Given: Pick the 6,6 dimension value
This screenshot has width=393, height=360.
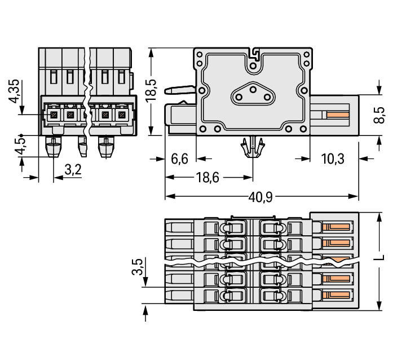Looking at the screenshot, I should [x=179, y=159].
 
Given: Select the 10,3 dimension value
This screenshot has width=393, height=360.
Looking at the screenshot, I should [x=333, y=159].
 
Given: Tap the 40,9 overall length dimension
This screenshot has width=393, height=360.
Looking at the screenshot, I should [x=260, y=197].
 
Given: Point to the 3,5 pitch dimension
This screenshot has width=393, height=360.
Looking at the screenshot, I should [x=138, y=267].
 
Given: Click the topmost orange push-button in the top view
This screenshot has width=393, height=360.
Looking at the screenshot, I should [x=338, y=227].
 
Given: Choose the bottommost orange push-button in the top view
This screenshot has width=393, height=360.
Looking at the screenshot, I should [x=338, y=295].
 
